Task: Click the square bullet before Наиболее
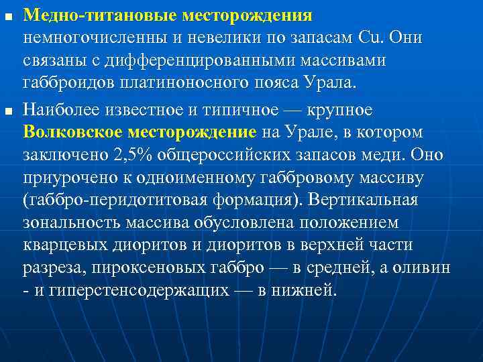(7, 110)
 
